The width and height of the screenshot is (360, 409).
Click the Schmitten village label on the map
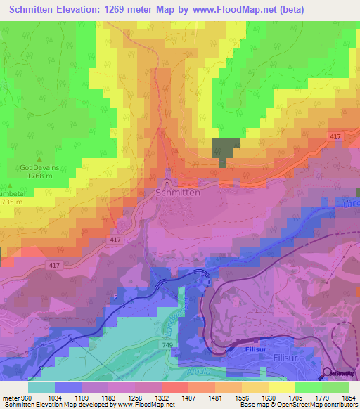point(177,192)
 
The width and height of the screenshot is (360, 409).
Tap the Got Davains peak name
point(39,168)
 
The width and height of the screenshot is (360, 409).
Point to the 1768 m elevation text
point(39,177)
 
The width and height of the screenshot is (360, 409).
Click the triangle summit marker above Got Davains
point(39,159)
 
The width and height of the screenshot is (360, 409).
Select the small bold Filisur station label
point(246,348)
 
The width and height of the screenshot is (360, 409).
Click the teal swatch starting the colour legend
point(41,387)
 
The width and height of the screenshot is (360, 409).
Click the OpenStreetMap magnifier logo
point(328,374)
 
